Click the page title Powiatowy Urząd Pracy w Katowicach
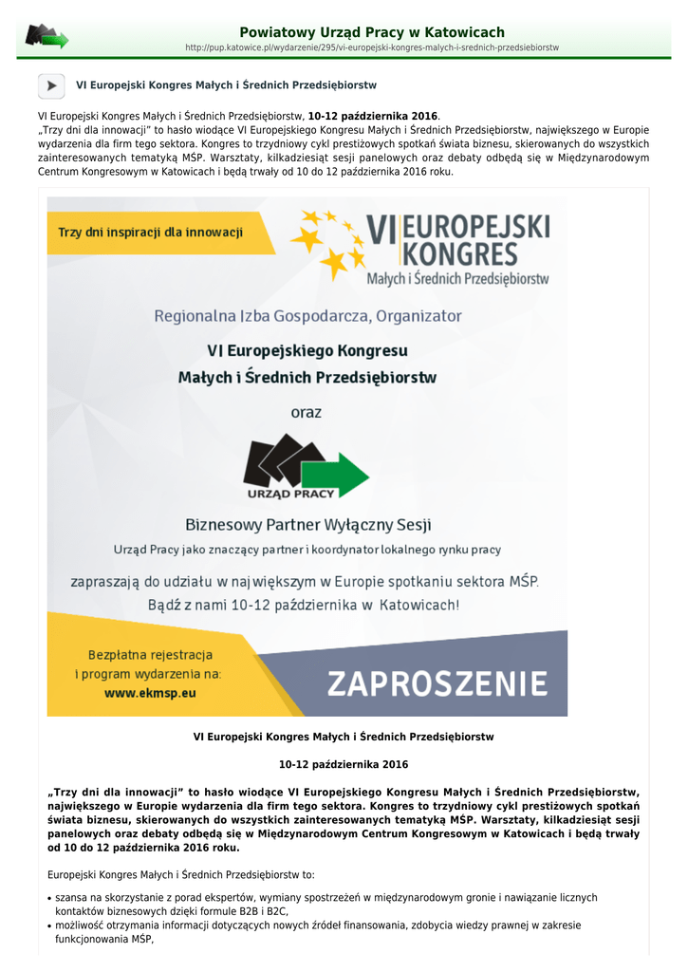(x=371, y=32)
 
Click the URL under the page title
(x=371, y=47)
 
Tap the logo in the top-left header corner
(x=46, y=37)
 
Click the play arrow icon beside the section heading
(x=51, y=85)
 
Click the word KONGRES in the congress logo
(x=460, y=254)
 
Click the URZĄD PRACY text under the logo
(x=290, y=494)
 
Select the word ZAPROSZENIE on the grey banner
(x=437, y=683)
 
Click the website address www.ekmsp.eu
(x=150, y=693)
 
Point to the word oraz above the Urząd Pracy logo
(x=306, y=412)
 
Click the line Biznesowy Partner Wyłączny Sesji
(x=308, y=524)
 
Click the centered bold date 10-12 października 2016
(x=344, y=764)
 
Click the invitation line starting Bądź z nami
(x=303, y=605)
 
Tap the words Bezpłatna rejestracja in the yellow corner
(x=150, y=655)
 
